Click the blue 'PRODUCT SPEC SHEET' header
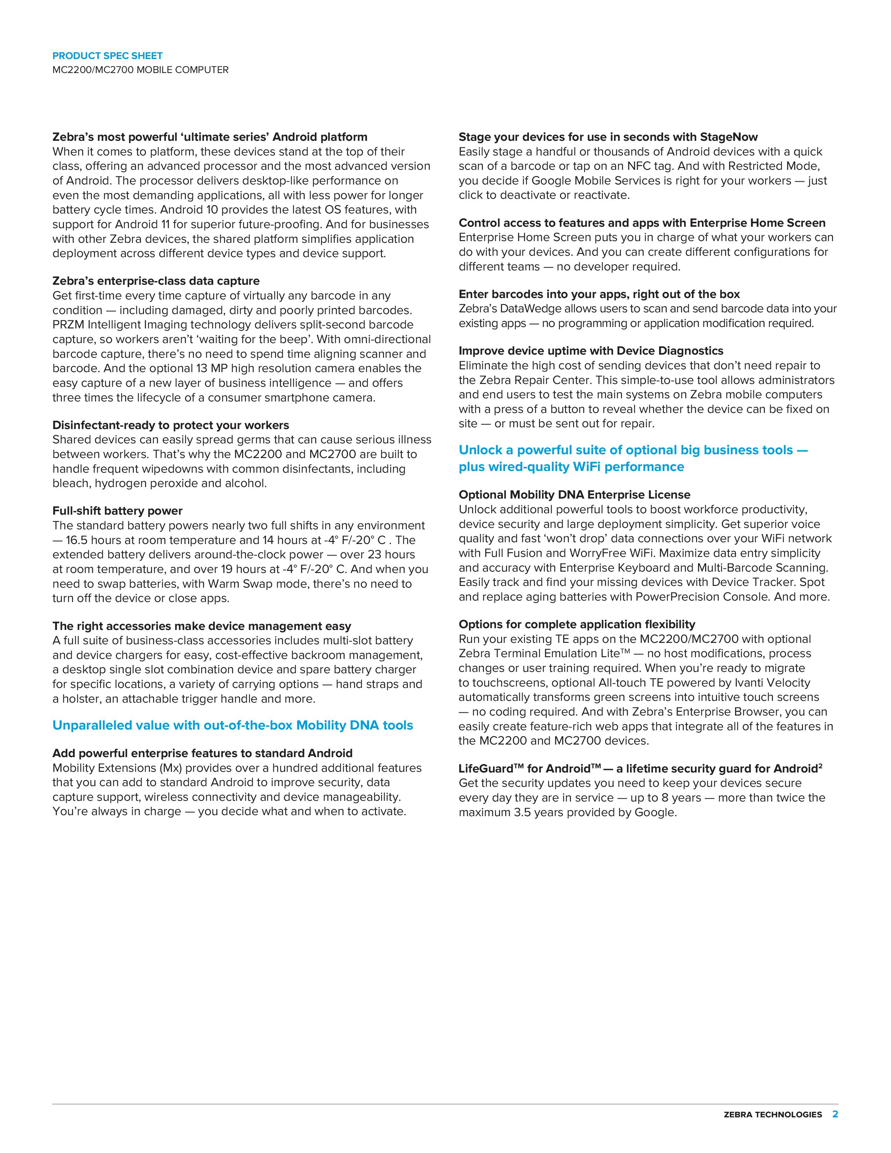click(x=107, y=56)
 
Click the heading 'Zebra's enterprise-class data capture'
click(x=156, y=281)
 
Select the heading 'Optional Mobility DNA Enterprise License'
click(x=574, y=495)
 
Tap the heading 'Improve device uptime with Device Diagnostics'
click(x=591, y=351)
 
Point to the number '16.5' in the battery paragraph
click(x=79, y=540)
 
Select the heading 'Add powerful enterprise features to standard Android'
click(x=202, y=753)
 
